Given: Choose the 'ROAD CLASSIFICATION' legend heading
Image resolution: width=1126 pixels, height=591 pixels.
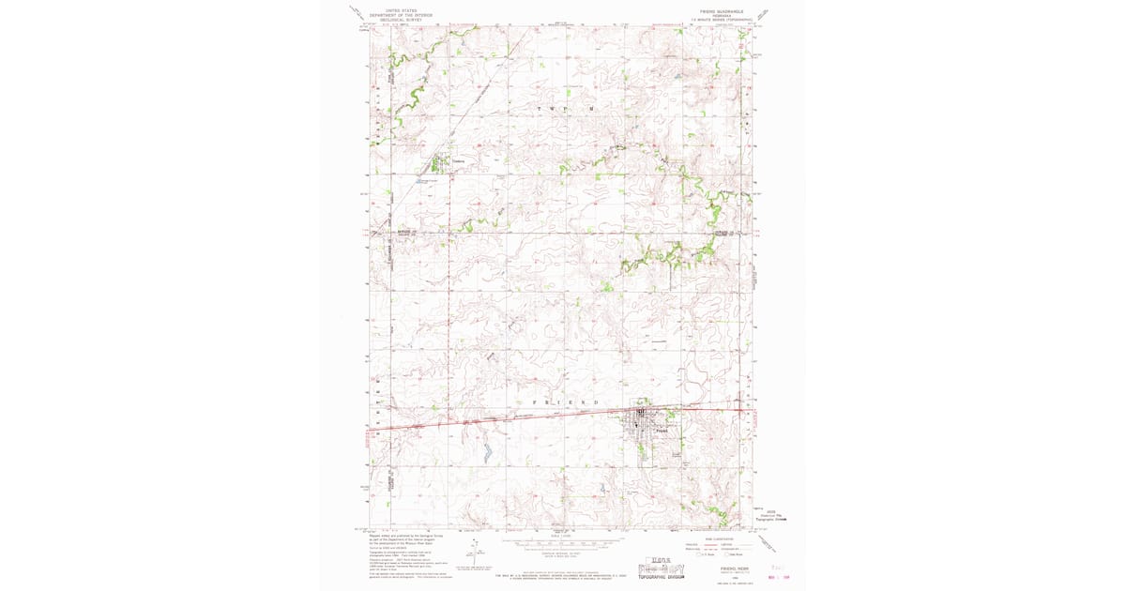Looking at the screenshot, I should point(723,538).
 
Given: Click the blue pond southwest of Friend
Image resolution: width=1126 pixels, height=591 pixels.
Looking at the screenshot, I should point(488,453).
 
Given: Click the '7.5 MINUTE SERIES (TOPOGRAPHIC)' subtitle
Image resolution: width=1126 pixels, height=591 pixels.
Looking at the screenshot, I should point(721,19).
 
